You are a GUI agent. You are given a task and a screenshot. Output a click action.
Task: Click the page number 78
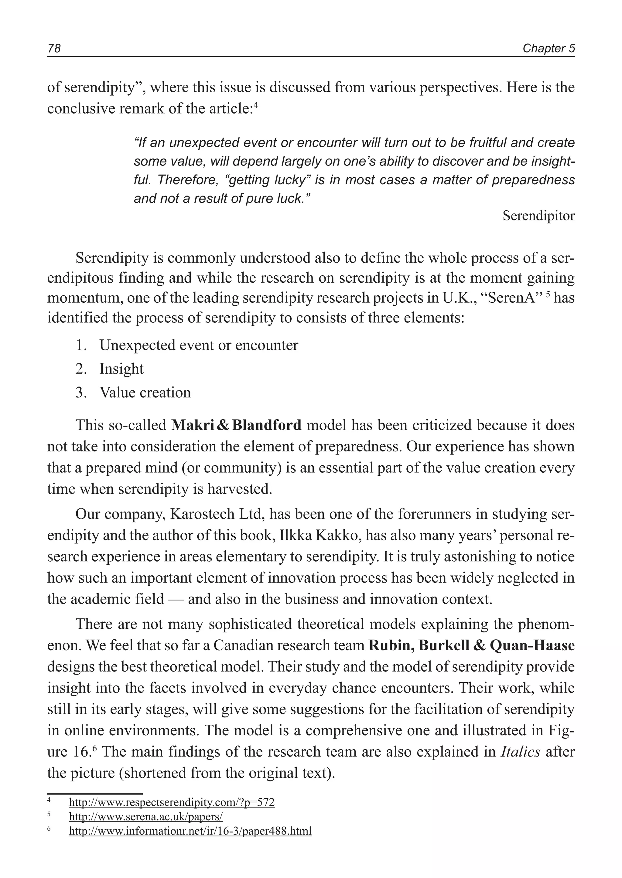coord(54,49)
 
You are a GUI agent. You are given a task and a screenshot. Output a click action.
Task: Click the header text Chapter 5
coord(549,49)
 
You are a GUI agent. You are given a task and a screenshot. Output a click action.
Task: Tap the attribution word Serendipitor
coord(538,216)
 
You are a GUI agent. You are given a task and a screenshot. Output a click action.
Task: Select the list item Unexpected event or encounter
coord(198,346)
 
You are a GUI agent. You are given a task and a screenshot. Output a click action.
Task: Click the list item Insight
coord(121,369)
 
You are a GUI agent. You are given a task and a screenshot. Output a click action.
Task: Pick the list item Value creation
coord(145,393)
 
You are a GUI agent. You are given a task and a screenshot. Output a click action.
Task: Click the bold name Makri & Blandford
coord(236,425)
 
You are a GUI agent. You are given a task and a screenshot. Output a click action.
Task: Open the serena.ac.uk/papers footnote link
coord(145,816)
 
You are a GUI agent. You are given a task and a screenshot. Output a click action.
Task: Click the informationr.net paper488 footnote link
coord(190,831)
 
